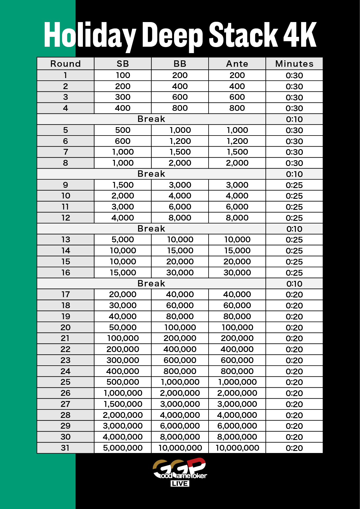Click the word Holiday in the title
(x=90, y=35)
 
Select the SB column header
(x=123, y=64)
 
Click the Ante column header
(x=237, y=64)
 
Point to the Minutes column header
(x=294, y=64)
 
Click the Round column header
(x=66, y=64)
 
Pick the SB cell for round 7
(x=123, y=152)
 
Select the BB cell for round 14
(x=180, y=250)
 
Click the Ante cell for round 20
(x=237, y=327)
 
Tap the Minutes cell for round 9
(x=294, y=185)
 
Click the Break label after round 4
(x=151, y=119)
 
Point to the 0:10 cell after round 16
(x=294, y=284)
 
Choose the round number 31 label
(x=66, y=448)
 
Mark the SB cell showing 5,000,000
(x=123, y=448)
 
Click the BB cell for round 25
(x=180, y=382)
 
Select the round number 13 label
(x=66, y=239)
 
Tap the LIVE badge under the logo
(x=180, y=483)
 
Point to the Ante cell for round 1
(x=237, y=75)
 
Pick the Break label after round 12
(x=151, y=229)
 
